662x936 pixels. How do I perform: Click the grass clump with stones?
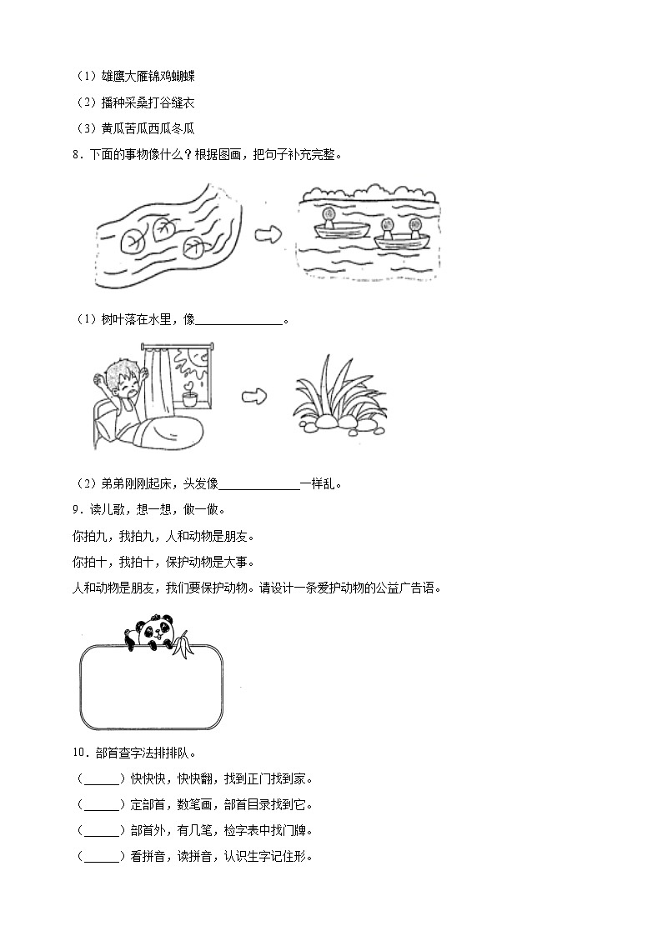pos(339,401)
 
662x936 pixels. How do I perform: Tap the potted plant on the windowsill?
pos(191,395)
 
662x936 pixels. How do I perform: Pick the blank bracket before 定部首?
pos(102,805)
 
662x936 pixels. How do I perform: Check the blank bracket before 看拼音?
pos(102,856)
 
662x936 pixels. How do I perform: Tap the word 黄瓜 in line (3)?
pos(112,128)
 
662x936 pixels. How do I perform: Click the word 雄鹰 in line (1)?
pos(112,76)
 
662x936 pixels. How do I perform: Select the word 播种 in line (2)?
pos(112,102)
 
